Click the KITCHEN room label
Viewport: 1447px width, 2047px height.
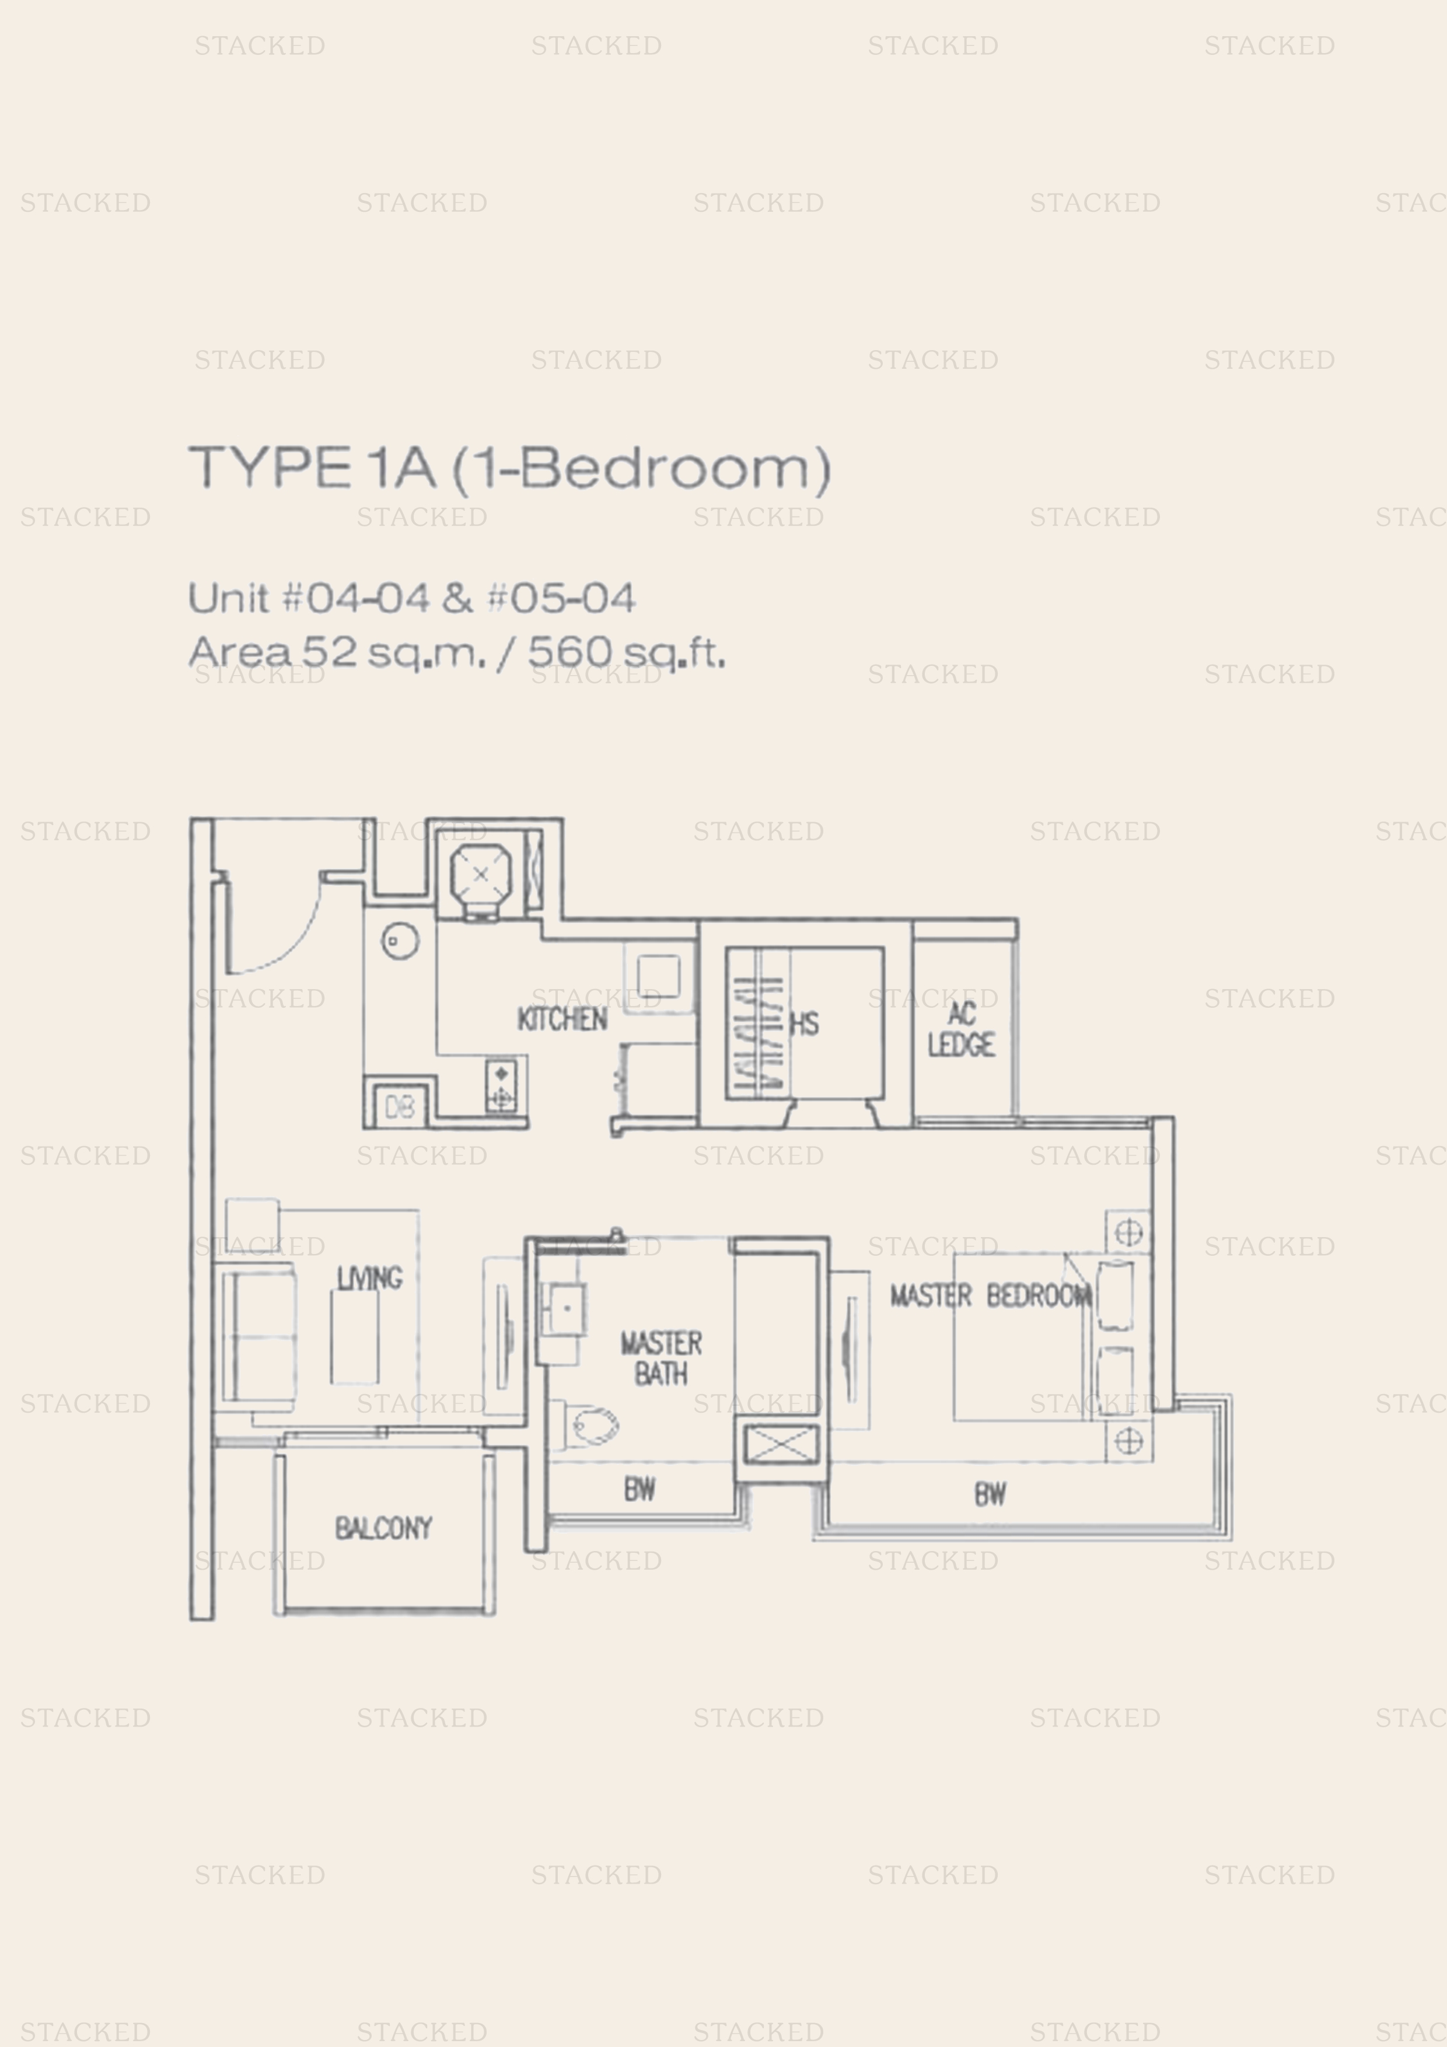[562, 1019]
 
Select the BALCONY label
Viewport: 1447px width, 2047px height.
[383, 1528]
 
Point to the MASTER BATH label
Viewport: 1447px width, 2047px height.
[660, 1358]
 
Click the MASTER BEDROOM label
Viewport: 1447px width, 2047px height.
[991, 1295]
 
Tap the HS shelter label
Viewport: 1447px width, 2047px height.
[804, 1025]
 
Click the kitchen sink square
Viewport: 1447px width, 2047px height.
[659, 976]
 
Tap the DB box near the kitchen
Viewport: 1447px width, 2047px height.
[400, 1108]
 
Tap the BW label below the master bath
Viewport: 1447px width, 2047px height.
[640, 1488]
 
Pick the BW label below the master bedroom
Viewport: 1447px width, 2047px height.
[991, 1494]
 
